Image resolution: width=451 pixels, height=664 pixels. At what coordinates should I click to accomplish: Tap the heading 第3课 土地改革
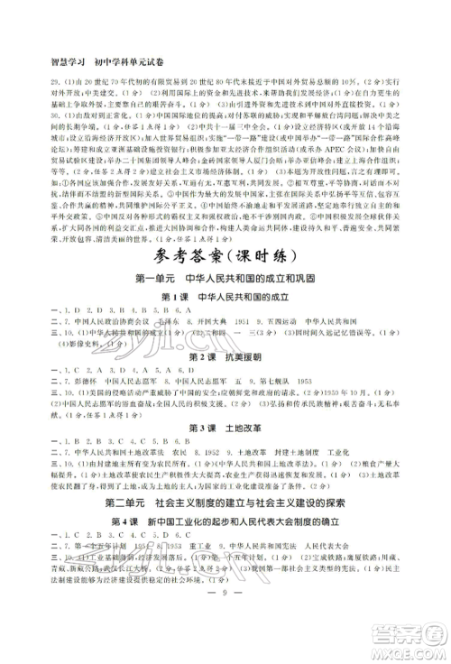224,476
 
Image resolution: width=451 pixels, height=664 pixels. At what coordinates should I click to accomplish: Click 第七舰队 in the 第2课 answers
252,437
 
